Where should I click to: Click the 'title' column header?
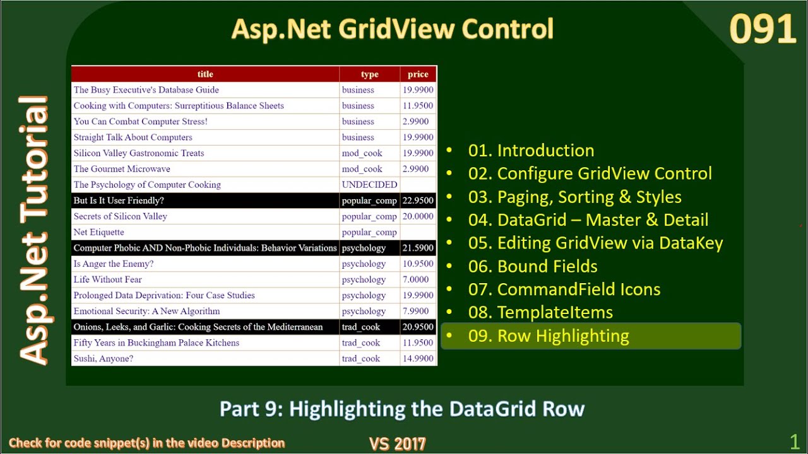point(205,74)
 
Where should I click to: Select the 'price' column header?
point(418,74)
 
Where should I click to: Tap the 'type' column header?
point(369,74)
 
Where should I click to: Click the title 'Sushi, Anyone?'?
point(104,359)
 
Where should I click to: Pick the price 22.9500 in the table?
point(418,201)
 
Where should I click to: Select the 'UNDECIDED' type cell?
point(369,185)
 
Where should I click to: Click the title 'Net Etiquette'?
point(98,232)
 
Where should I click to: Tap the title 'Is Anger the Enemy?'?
point(114,264)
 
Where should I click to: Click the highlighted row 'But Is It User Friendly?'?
point(119,201)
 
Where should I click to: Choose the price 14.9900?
point(418,359)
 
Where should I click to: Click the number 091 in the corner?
point(763,30)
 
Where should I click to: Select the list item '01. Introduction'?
point(531,151)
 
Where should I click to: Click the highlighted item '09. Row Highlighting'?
point(548,336)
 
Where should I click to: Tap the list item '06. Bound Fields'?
point(533,267)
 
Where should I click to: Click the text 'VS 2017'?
point(397,444)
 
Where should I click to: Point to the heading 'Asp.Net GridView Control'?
point(392,30)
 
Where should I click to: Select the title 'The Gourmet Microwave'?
point(122,169)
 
